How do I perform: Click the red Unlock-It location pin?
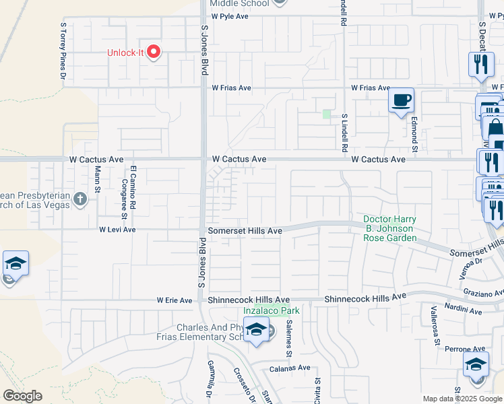(x=154, y=52)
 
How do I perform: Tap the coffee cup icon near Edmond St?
(x=402, y=100)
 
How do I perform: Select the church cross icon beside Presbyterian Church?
(x=80, y=199)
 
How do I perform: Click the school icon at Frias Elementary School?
(x=256, y=330)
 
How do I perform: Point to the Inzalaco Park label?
(x=272, y=310)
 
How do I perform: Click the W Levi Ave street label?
(x=117, y=230)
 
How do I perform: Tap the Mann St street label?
(x=98, y=178)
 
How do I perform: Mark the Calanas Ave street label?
(x=289, y=368)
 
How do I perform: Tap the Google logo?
(x=22, y=396)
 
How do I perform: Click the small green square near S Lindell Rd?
(x=327, y=114)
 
